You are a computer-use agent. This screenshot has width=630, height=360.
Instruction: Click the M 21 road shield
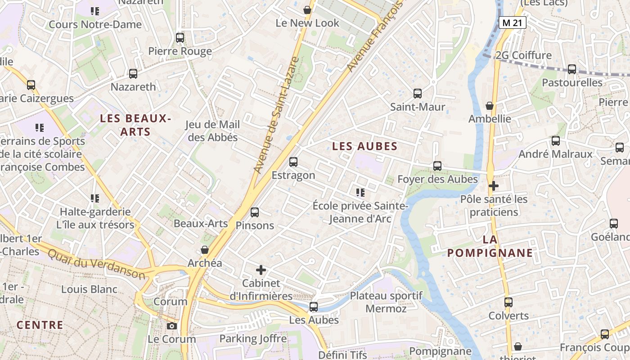pos(512,22)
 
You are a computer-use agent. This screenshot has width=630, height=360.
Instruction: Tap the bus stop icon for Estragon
pos(293,162)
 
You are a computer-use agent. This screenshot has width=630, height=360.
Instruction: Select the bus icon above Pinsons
pos(255,212)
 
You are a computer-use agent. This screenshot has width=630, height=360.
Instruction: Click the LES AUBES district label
pos(364,146)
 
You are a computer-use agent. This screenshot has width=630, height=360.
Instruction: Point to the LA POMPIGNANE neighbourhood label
pos(490,246)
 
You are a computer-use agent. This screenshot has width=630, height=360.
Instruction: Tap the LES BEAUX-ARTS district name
pos(135,125)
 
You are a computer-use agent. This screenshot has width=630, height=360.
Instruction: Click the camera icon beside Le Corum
pos(171,326)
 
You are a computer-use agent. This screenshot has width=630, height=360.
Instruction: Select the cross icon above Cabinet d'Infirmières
pos(261,270)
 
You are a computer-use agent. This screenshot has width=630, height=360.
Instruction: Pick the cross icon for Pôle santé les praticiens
pos(494,185)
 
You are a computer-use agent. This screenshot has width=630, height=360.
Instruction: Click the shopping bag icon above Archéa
pos(205,250)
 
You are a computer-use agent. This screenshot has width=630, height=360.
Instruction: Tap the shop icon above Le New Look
pos(307,10)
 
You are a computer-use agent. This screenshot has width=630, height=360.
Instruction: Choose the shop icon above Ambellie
pos(490,106)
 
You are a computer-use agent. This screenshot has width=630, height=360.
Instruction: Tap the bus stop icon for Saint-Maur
pos(418,94)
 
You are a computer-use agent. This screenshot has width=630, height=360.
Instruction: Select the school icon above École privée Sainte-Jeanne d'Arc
pos(360,193)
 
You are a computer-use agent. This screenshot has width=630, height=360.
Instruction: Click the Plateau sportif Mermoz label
pos(386,302)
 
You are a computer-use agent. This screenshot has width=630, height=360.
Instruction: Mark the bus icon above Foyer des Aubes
pos(437,166)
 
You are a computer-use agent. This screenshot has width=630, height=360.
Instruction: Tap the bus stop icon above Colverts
pos(508,302)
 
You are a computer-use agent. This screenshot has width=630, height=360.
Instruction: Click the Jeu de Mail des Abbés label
pos(213,131)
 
